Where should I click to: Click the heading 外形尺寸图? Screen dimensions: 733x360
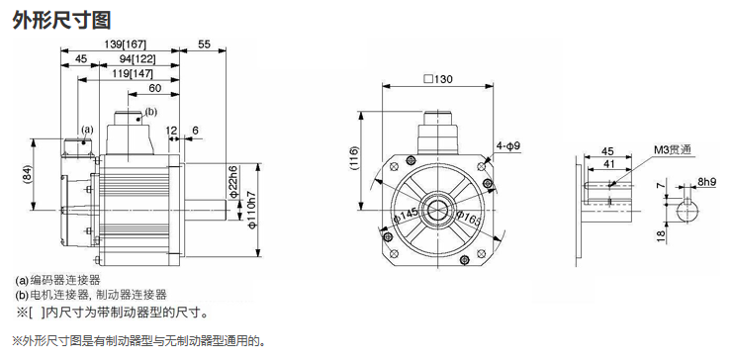[61, 20]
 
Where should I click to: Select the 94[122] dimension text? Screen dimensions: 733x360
[136, 59]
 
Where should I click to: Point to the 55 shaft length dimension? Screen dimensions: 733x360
[205, 45]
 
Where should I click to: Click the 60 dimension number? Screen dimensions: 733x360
[154, 88]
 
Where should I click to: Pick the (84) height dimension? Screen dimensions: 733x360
[26, 175]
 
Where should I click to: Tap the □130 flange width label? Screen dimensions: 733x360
[438, 78]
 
